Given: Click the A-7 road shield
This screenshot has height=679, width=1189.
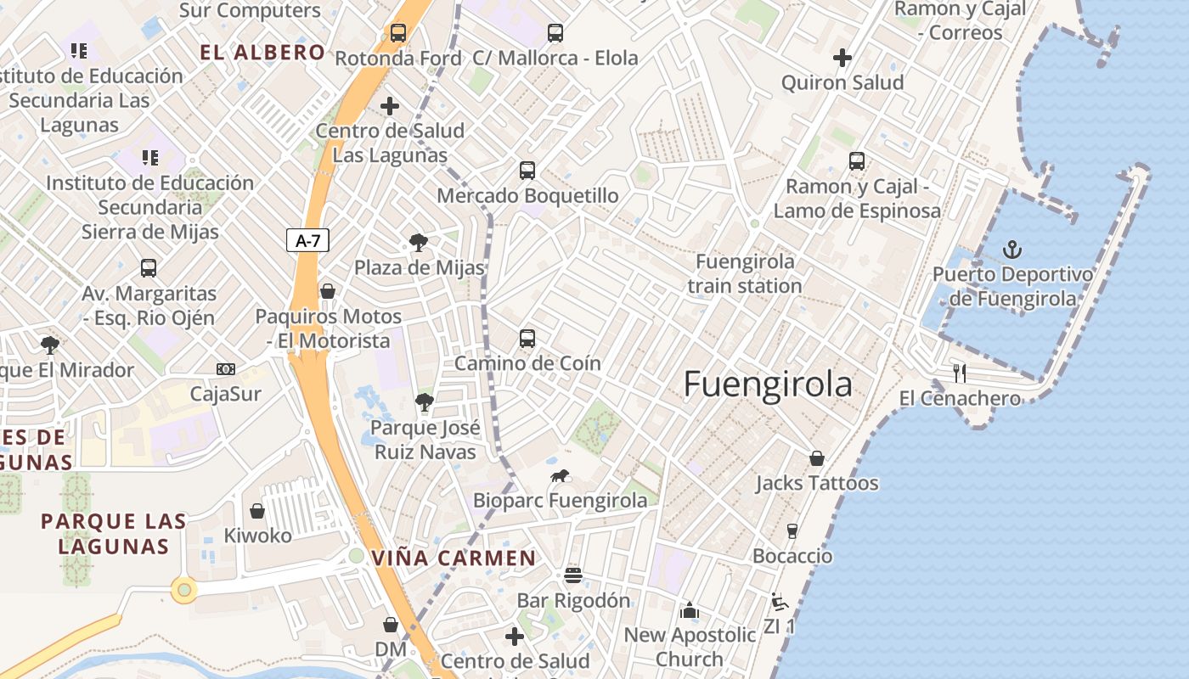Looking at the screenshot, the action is point(307,241).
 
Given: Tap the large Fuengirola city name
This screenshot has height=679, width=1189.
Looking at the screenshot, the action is point(768,384).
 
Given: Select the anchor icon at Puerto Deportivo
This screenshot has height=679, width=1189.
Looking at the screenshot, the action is point(1011,250).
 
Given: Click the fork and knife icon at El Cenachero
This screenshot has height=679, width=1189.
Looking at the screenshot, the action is point(960,373).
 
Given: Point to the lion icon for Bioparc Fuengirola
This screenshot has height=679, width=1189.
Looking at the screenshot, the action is point(560,476).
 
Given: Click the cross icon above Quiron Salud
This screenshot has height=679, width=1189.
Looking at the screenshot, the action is point(842,58).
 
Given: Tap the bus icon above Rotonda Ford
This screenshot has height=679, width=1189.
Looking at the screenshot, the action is point(397,33).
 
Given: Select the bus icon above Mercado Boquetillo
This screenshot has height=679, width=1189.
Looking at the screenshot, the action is point(527,171).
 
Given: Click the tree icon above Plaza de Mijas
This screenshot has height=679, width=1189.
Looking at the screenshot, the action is point(418,243).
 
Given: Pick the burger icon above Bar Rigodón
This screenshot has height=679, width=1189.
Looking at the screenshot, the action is point(573,575).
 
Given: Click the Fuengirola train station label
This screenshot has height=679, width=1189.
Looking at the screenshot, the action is point(745,273).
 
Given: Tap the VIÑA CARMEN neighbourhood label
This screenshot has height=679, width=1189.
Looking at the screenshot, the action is point(454,558).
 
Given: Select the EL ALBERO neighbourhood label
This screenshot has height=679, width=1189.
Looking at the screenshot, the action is point(262,53).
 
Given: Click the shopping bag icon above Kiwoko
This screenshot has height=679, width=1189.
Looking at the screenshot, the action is point(257,511).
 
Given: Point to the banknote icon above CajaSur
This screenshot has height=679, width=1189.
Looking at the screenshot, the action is point(225,369).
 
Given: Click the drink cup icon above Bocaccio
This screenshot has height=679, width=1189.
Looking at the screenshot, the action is point(792,531).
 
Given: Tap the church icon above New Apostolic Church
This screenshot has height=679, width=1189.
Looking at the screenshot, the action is point(689,610).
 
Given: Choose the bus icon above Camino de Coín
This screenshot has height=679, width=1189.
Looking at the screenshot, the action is point(527,339).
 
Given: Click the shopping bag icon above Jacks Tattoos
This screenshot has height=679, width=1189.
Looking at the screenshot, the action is point(816,458).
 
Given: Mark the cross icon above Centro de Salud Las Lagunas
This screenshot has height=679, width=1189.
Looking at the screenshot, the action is point(390,106).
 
